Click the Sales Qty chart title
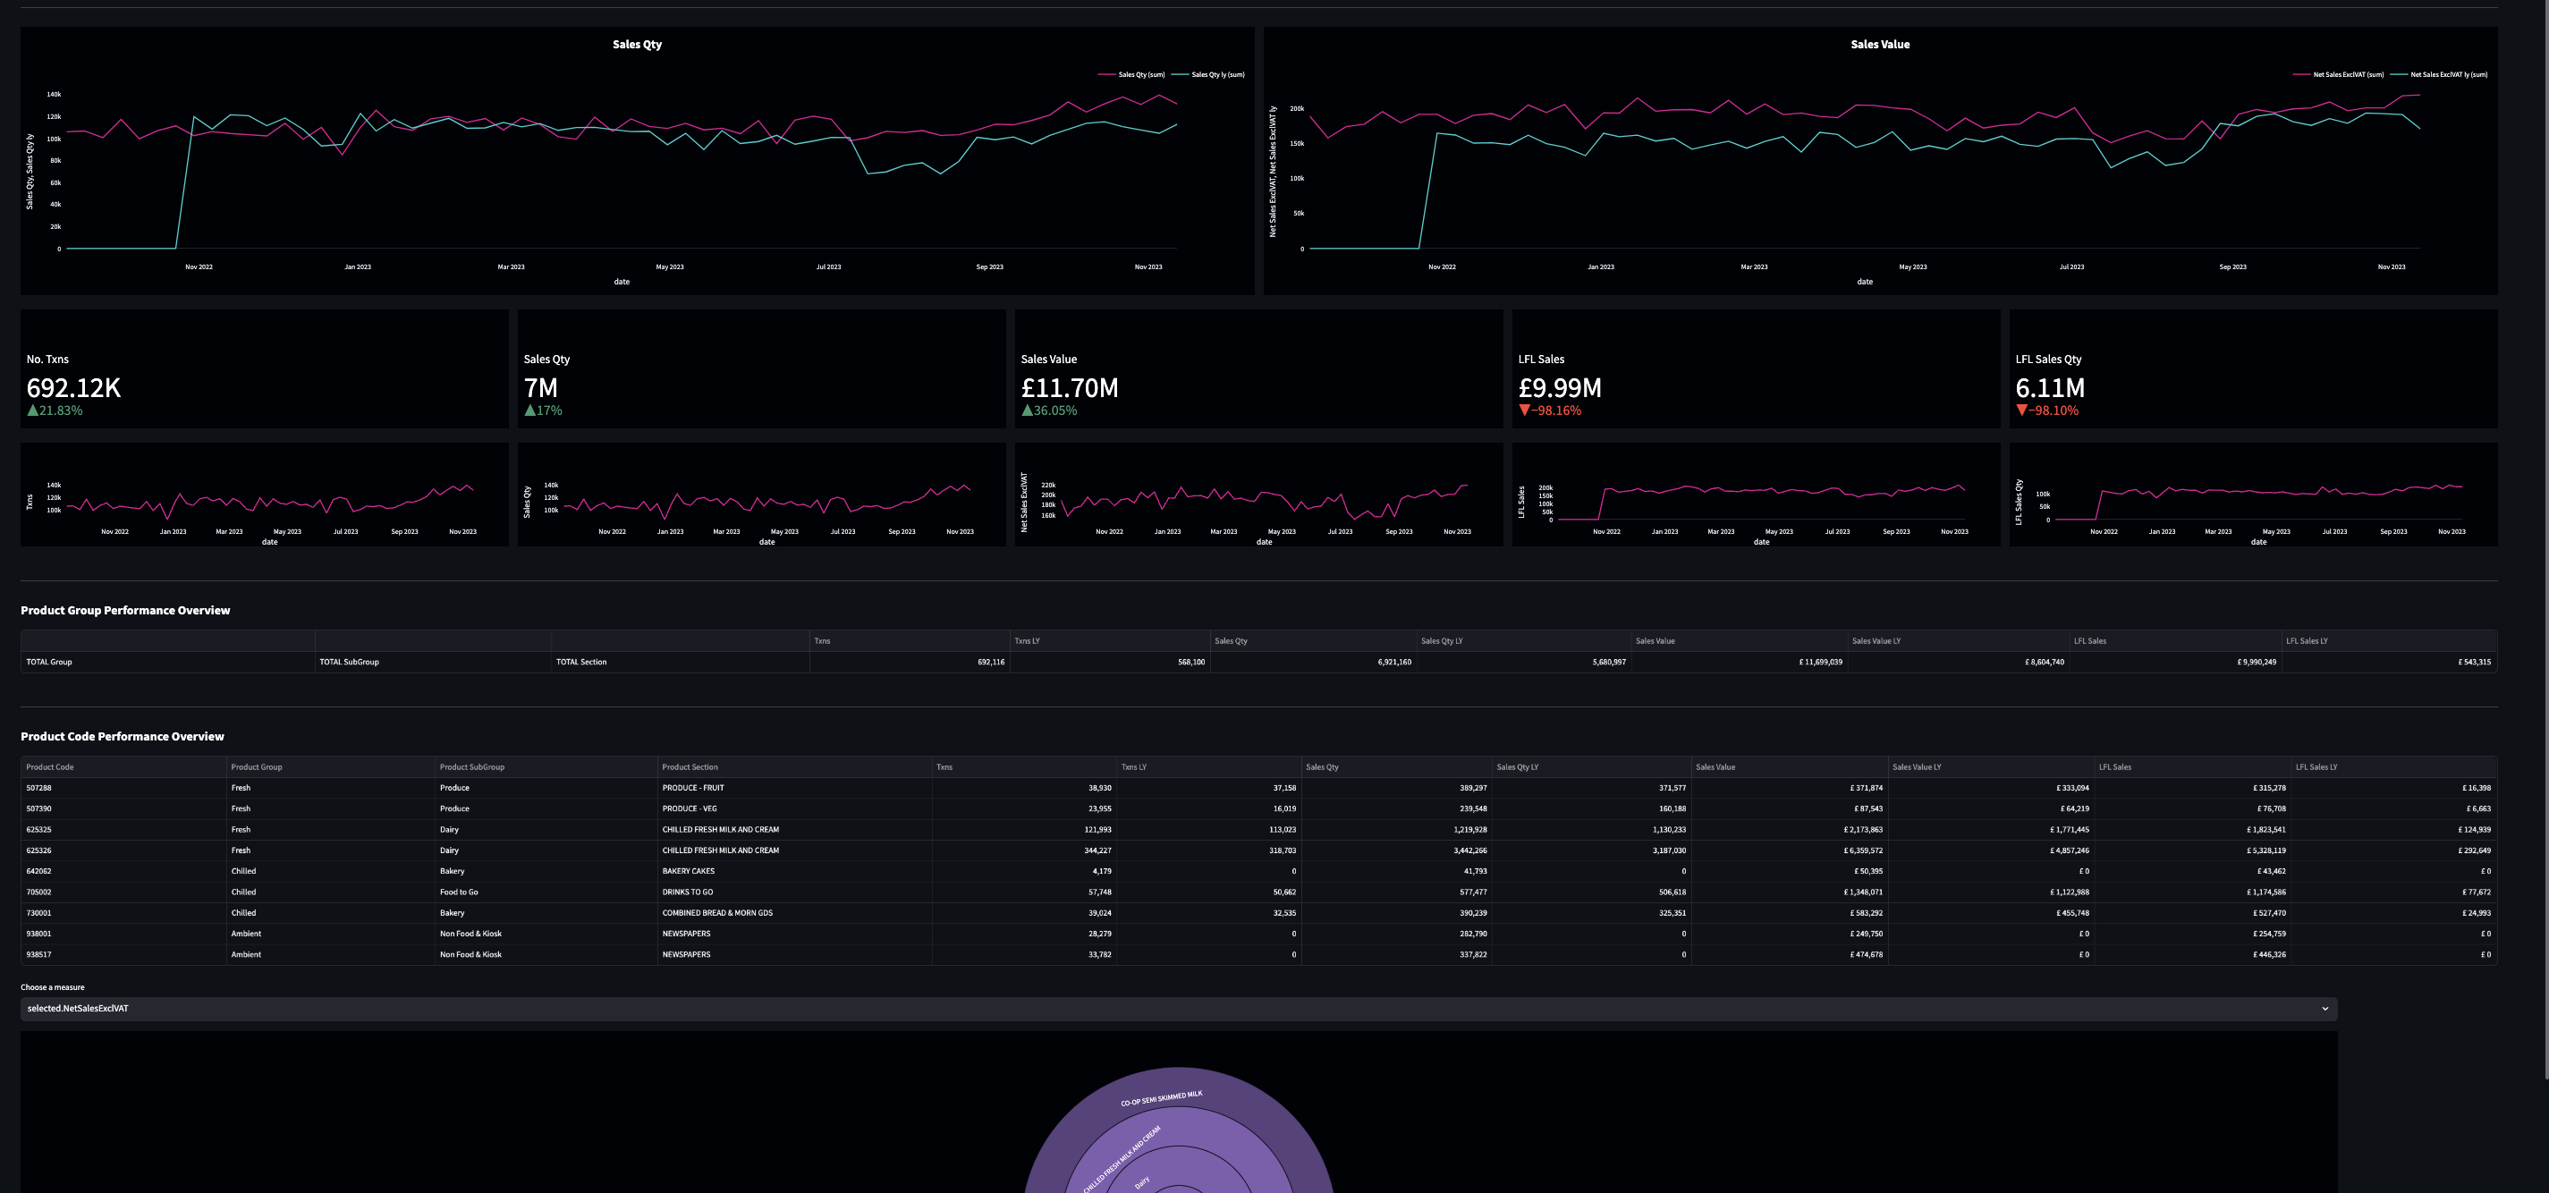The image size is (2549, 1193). click(636, 45)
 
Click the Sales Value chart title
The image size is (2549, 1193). click(1879, 45)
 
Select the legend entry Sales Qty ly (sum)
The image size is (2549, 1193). click(1217, 74)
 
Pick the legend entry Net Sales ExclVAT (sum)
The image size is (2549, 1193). click(2347, 74)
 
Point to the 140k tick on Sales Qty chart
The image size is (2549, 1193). click(54, 95)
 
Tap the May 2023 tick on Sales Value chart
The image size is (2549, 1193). click(1912, 267)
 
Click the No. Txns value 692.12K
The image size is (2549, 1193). click(73, 388)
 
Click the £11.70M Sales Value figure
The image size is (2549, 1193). click(1069, 388)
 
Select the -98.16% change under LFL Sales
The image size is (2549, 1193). click(1554, 410)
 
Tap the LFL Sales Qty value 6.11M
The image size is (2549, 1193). click(2049, 388)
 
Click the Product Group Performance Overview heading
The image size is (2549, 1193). click(124, 610)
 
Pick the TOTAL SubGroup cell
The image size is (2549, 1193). click(348, 662)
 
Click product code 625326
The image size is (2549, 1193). click(38, 850)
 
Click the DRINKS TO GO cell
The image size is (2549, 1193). click(687, 893)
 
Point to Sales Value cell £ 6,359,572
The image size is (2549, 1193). click(1862, 850)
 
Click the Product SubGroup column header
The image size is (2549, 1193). click(471, 766)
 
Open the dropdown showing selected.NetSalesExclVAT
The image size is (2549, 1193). click(1178, 1008)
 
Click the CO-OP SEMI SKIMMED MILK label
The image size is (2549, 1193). click(1161, 1098)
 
